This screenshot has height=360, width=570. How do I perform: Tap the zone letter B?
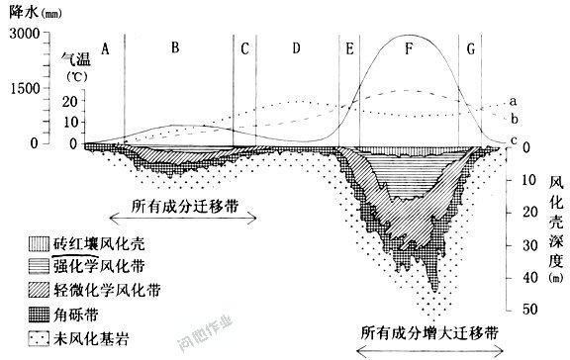point(175,46)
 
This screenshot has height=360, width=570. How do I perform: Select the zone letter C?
point(243,46)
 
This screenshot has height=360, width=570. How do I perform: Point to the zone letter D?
point(296,46)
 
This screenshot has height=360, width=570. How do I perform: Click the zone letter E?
point(349,46)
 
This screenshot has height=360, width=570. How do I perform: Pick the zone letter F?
point(410,46)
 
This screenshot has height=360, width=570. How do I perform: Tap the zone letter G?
point(471,46)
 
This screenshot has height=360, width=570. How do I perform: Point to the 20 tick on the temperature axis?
point(69,101)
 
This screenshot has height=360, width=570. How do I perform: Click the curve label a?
point(515,101)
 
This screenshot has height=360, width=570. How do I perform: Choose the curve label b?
point(515,120)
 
